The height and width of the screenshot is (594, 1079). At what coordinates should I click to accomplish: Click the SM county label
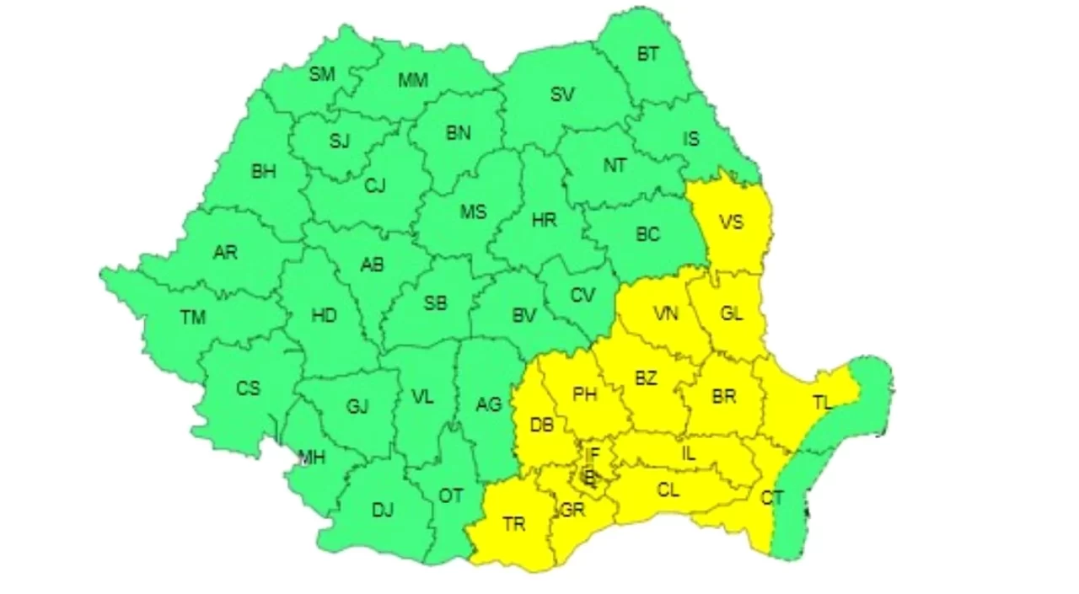coord(321,74)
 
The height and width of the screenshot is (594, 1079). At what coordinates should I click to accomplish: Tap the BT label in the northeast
coord(647,55)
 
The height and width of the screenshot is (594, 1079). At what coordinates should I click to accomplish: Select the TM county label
coord(192,318)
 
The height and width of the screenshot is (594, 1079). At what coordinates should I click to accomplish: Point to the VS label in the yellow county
coord(731,222)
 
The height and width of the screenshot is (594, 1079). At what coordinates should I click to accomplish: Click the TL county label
coord(822,403)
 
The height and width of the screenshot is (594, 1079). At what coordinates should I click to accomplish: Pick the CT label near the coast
coord(772,498)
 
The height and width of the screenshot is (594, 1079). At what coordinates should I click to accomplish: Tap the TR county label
coord(513,524)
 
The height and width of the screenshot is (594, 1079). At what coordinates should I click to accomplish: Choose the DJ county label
coord(383,510)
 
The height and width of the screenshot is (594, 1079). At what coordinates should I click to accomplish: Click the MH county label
coord(313,458)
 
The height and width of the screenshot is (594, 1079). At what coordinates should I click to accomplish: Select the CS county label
coord(248,388)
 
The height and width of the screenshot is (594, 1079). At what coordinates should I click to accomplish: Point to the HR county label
coord(544,220)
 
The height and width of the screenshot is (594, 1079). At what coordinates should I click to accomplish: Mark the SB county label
coord(435,303)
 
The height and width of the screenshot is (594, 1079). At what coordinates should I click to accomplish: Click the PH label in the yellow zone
coord(584,393)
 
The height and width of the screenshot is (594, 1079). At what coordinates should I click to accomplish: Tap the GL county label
coord(732,314)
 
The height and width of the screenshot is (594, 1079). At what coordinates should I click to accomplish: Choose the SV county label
coord(562,95)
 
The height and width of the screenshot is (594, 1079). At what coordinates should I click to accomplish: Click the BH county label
coord(263,172)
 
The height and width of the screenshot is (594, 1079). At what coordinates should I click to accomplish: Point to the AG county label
coord(488,405)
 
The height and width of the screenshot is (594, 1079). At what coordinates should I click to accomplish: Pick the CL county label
coord(668,489)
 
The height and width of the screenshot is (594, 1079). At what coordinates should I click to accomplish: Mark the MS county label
coord(473,212)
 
